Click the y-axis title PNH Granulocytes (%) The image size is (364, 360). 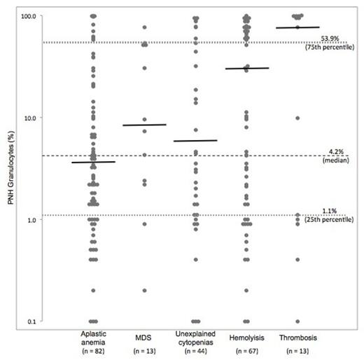(8, 168)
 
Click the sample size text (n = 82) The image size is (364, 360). (93, 350)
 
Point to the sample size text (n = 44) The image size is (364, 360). (196, 350)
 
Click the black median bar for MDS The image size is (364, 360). (144, 125)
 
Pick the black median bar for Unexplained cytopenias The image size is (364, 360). (196, 141)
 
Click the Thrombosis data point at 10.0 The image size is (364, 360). (297, 118)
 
